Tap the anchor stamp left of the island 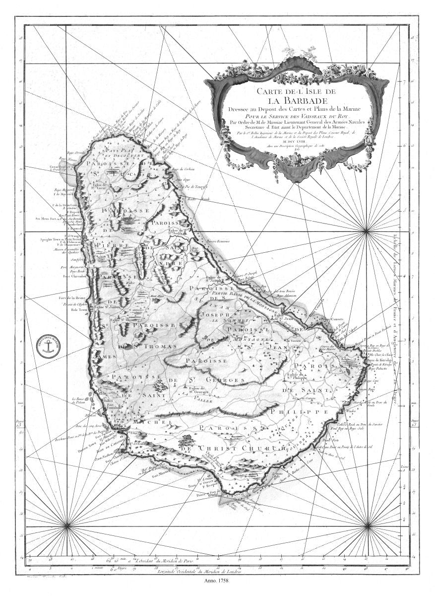tap(49, 346)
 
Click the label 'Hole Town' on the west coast tap(79, 309)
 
